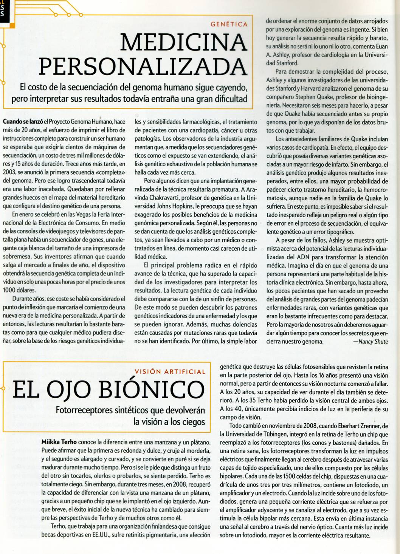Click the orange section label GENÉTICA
(x=229, y=25)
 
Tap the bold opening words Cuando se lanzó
(x=23, y=122)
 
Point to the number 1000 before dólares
(x=10, y=290)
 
